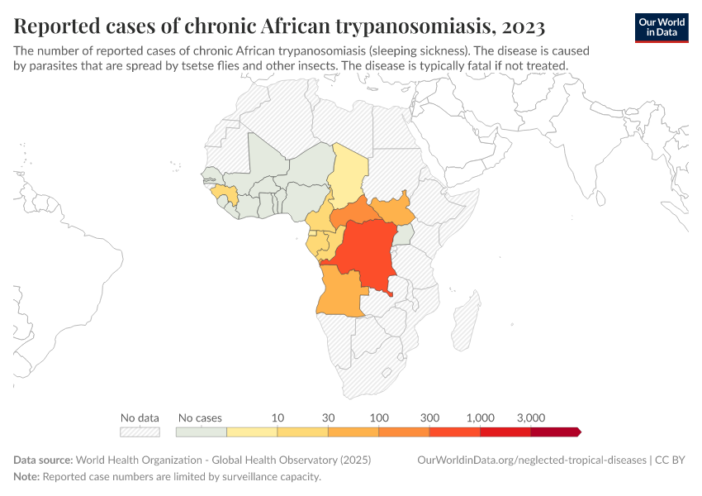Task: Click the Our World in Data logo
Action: tap(661, 27)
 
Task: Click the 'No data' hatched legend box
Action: tap(140, 432)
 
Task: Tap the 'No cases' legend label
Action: tap(200, 417)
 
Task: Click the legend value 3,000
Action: tap(530, 417)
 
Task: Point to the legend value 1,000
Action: tap(480, 417)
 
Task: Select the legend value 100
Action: tap(379, 417)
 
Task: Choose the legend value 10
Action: tap(277, 417)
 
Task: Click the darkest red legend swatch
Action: tap(554, 432)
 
